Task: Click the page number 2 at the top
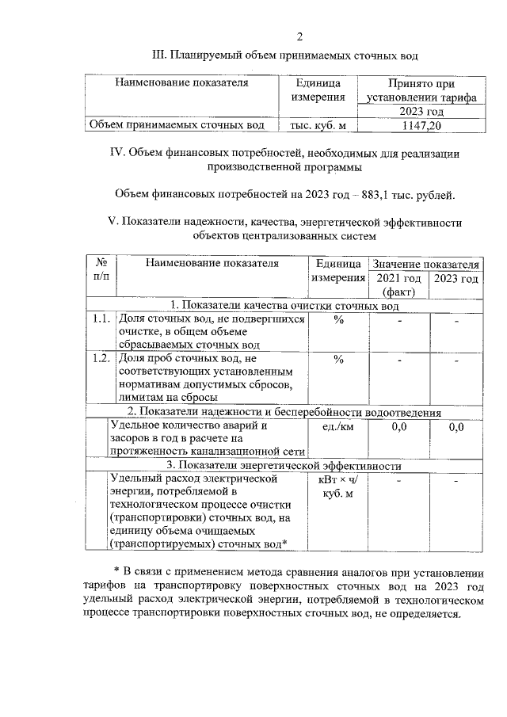click(299, 36)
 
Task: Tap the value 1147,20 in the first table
click(421, 125)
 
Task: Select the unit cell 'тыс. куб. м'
click(318, 125)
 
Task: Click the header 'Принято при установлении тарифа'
click(421, 90)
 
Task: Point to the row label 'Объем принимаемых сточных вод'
click(177, 125)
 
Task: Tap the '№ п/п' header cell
click(101, 270)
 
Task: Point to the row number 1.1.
click(99, 318)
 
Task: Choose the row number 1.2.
click(99, 359)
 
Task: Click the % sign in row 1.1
click(338, 319)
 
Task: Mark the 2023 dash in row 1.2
click(456, 361)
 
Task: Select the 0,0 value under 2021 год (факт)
click(399, 427)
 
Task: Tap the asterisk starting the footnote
click(116, 571)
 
